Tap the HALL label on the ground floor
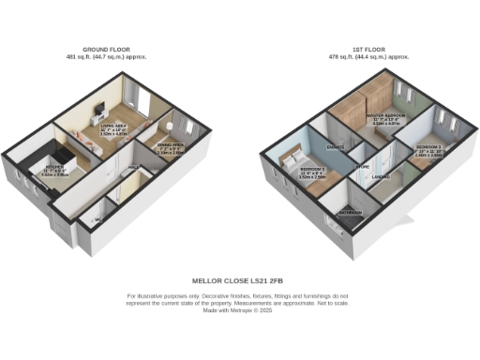[x=134, y=168]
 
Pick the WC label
[x=97, y=221]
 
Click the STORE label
[x=362, y=168]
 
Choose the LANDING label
[x=381, y=177]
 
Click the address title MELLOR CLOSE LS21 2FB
[x=238, y=279]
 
